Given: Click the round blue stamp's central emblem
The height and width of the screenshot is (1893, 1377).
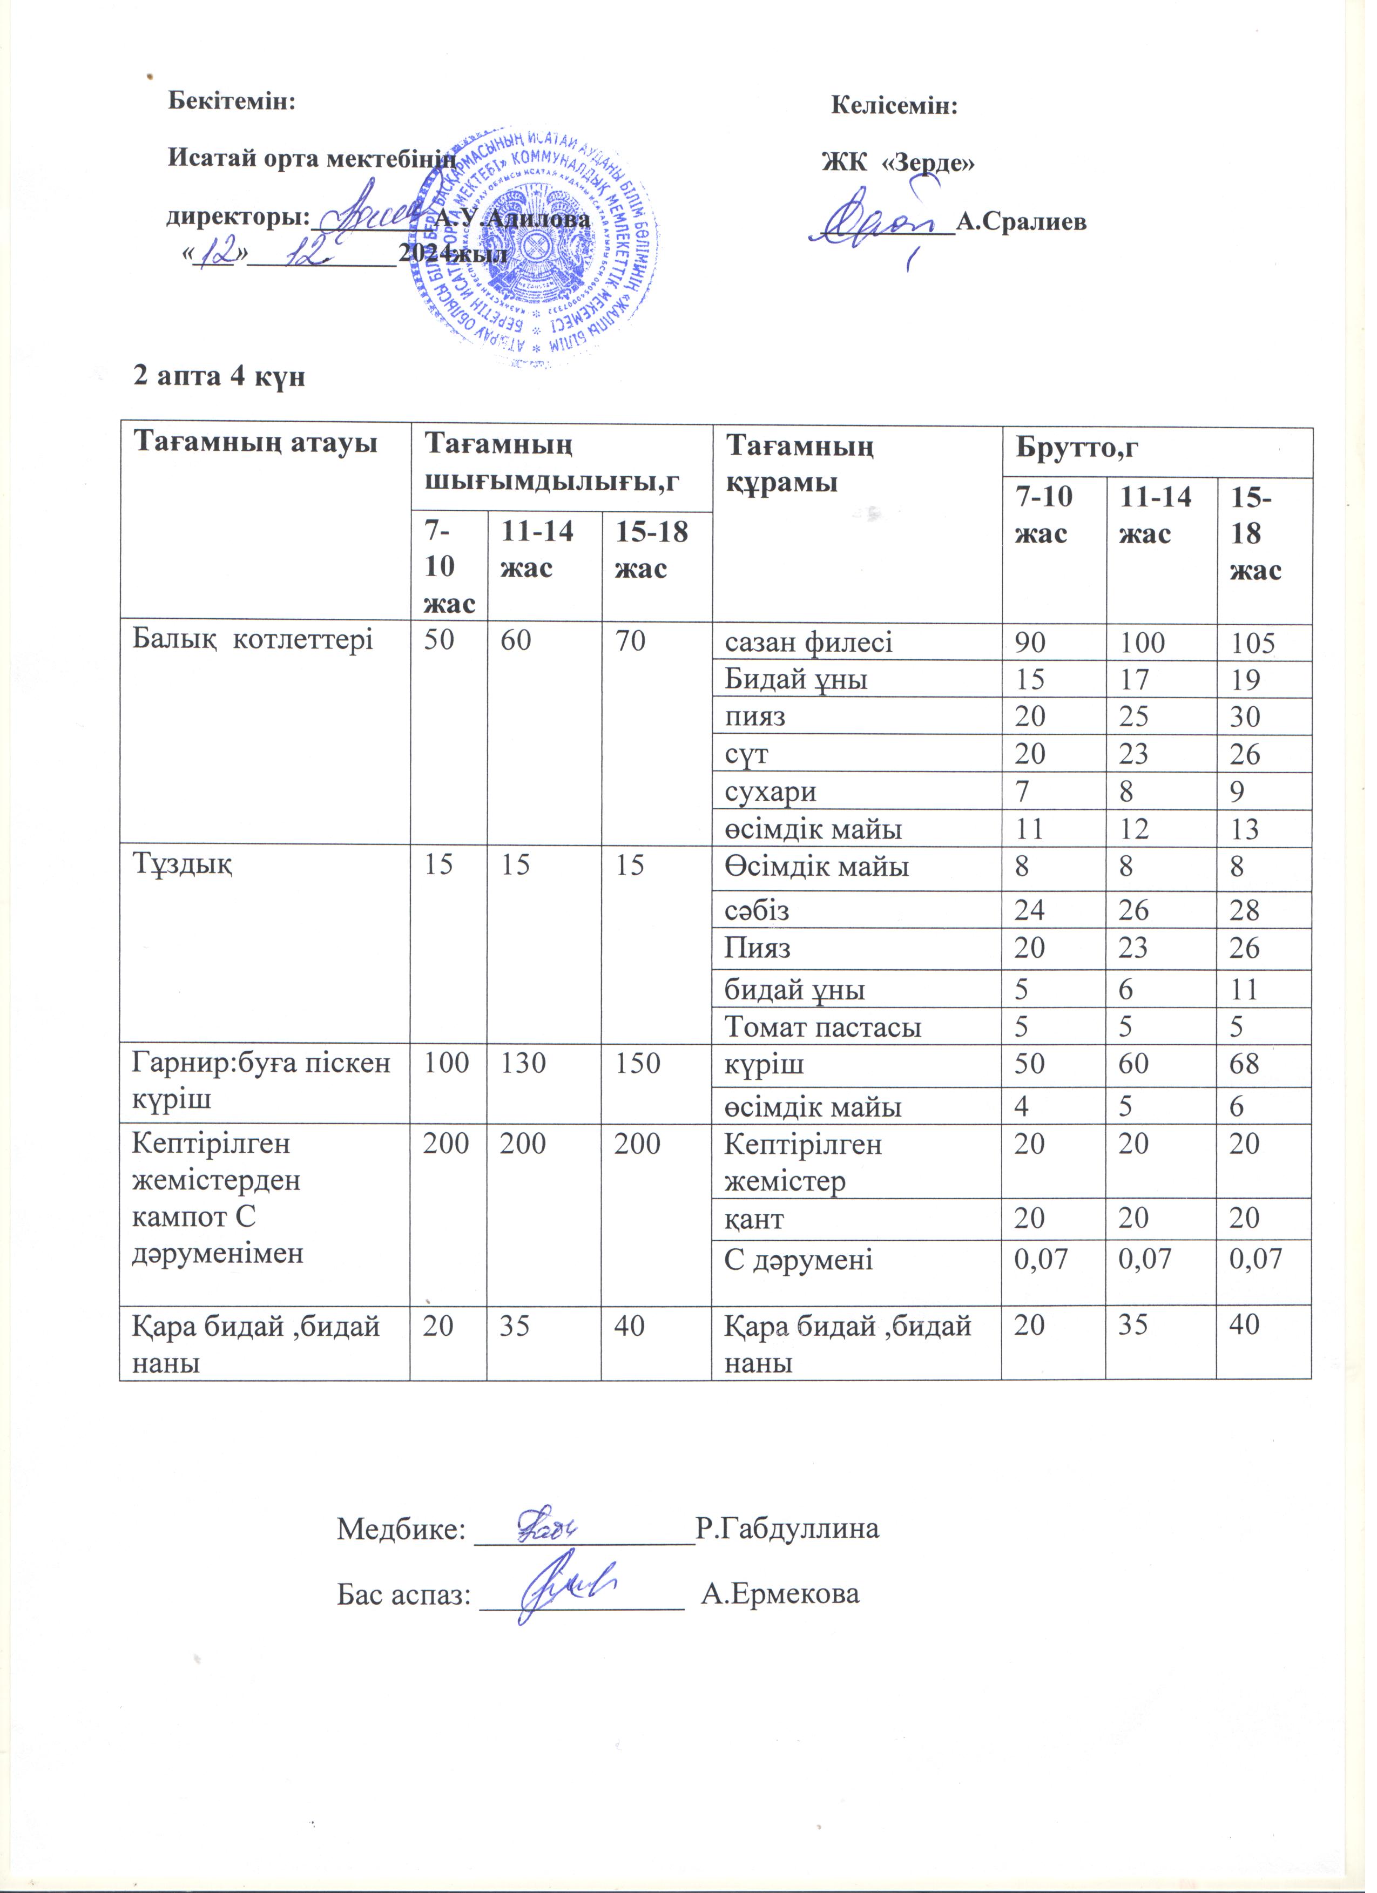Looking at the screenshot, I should pos(534,245).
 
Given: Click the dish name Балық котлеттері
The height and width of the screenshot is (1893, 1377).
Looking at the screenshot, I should pos(253,640).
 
